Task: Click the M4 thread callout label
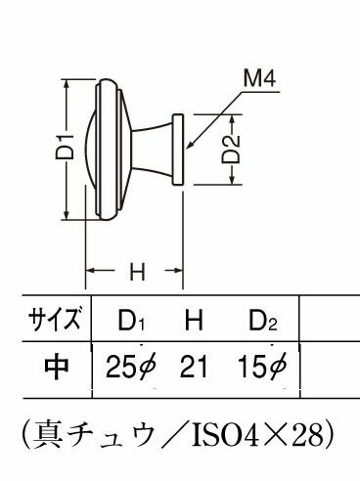pos(260,79)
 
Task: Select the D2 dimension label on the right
pos(231,150)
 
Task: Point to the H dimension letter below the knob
pos(137,273)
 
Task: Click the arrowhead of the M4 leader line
pos(189,146)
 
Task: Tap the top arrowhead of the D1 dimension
pos(67,84)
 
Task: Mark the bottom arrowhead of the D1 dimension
pos(67,214)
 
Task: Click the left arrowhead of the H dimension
pos(91,270)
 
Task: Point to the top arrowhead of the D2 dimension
pos(232,119)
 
